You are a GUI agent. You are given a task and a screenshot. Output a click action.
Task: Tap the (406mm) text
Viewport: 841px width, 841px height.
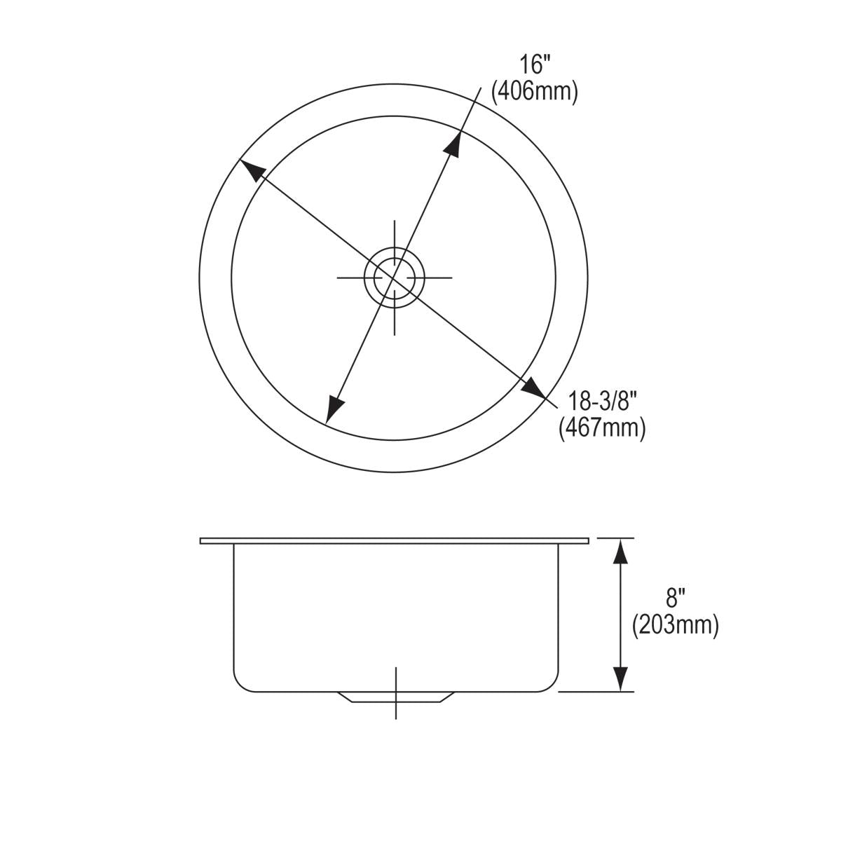pyautogui.click(x=535, y=92)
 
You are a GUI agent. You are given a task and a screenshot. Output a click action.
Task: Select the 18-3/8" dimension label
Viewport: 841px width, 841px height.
pyautogui.click(x=601, y=402)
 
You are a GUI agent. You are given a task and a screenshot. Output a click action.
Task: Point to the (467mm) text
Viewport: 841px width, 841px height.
pyautogui.click(x=601, y=428)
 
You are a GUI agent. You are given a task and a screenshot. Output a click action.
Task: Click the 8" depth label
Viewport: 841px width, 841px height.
pyautogui.click(x=675, y=598)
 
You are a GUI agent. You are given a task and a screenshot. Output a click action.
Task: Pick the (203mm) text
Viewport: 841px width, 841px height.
pyautogui.click(x=675, y=624)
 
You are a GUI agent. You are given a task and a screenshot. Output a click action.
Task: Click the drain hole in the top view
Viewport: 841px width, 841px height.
pyautogui.click(x=395, y=278)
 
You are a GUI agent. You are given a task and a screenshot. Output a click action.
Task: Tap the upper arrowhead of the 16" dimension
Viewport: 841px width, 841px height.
pyautogui.click(x=454, y=144)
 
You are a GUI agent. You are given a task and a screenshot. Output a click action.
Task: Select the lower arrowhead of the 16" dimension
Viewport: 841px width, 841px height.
pyautogui.click(x=335, y=407)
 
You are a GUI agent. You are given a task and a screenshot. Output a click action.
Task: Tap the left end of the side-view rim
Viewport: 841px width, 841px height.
pyautogui.click(x=203, y=541)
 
